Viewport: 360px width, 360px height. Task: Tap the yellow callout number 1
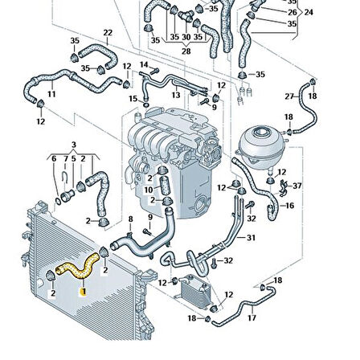pos(82,294)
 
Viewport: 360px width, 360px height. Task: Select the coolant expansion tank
pos(263,144)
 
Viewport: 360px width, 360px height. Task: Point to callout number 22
pos(108,33)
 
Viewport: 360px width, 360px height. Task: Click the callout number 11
pos(51,94)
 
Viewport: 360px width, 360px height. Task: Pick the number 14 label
pos(144,64)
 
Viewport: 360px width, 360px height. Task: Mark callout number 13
pos(175,94)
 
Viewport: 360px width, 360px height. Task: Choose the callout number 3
pos(74,145)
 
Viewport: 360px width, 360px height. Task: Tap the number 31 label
pos(251,237)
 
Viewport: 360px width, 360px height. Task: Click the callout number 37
pos(297,186)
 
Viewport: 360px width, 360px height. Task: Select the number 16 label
pos(289,206)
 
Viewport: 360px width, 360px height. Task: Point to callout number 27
pos(289,96)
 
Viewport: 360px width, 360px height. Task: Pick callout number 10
pos(148,190)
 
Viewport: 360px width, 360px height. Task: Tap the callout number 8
pos(130,218)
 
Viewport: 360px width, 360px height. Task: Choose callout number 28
pos(186,51)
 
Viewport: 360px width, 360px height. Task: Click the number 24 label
pos(309,13)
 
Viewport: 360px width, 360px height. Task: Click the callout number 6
pos(53,158)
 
